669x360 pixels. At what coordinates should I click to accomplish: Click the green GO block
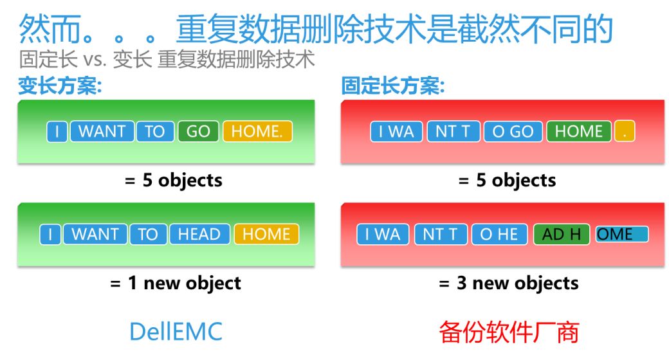click(x=198, y=131)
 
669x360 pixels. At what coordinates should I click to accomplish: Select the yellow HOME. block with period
click(x=257, y=131)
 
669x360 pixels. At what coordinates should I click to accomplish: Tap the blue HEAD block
click(x=199, y=234)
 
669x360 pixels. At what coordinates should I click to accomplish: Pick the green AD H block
click(x=562, y=234)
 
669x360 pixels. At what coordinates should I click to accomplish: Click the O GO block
click(x=513, y=131)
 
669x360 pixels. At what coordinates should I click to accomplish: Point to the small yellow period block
click(x=625, y=131)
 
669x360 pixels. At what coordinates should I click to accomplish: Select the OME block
click(x=621, y=234)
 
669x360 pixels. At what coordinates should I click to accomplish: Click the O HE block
click(x=499, y=234)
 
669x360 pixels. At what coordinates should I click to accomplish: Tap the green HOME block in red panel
click(x=578, y=131)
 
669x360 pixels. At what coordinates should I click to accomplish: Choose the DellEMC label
click(x=176, y=332)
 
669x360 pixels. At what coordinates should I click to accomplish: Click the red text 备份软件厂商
click(x=509, y=332)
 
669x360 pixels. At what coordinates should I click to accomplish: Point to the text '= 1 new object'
click(x=176, y=283)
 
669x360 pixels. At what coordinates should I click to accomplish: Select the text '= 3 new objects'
click(x=509, y=283)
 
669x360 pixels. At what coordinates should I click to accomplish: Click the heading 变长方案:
click(x=60, y=85)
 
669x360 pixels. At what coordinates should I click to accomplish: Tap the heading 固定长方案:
click(x=393, y=85)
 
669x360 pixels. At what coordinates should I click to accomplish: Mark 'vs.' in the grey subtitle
click(x=95, y=60)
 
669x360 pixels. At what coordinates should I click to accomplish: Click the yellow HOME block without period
click(x=266, y=234)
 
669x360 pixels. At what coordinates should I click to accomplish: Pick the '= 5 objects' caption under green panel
click(x=173, y=181)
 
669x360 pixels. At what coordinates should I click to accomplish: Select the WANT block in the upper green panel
click(x=102, y=131)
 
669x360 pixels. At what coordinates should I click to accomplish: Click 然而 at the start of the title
click(x=50, y=29)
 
